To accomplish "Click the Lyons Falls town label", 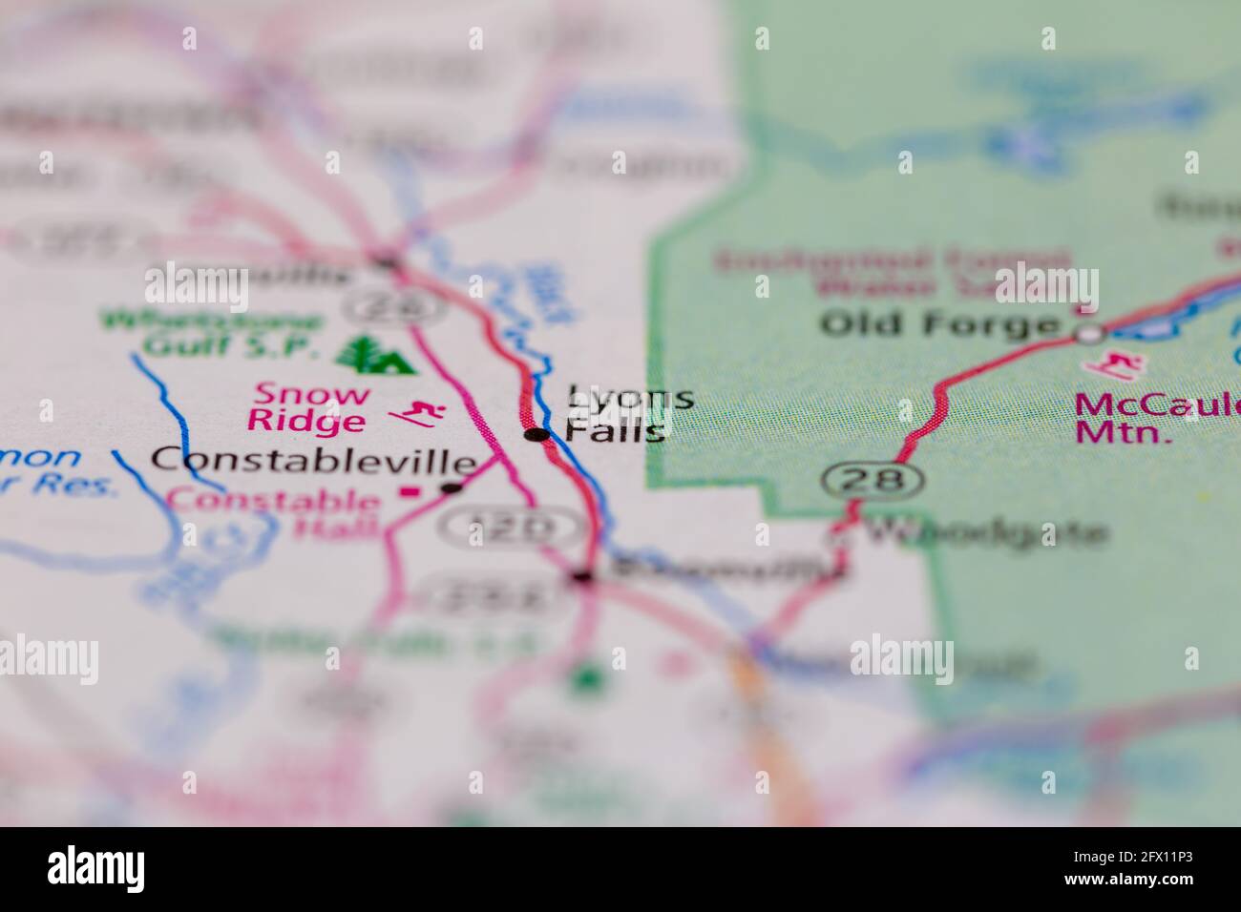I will click(617, 413).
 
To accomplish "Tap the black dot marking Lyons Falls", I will click(537, 435).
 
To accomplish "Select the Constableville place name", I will click(314, 461).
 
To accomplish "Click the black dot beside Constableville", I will click(452, 488).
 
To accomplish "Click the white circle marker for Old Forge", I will click(1089, 334).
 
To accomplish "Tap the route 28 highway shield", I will click(873, 479).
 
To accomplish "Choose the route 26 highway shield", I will click(393, 306).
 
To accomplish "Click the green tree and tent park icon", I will click(375, 354).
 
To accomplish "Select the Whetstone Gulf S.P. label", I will click(212, 333).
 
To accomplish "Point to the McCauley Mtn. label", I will click(1155, 418).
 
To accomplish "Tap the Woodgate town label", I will click(983, 532).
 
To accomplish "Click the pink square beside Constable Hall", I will click(410, 493).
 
